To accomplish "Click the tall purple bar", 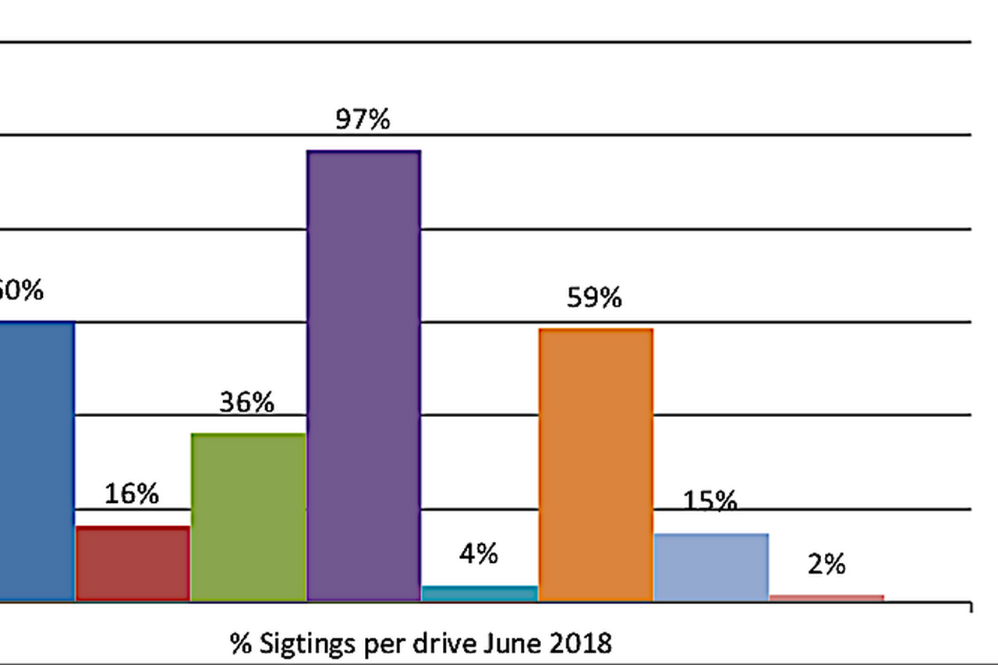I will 364,376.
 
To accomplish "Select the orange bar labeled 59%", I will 596,465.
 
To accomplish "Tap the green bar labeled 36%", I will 248,517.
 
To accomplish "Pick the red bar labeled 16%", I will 133,564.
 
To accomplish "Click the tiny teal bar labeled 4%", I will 480,593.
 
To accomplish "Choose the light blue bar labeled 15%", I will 711,567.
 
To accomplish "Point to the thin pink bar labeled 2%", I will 826,598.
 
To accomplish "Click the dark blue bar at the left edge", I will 36,461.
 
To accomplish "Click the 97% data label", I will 363,120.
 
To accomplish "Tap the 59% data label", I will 594,298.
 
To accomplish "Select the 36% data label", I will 246,403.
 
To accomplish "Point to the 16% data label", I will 132,493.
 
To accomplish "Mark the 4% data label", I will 478,554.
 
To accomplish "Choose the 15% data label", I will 710,501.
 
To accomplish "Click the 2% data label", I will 826,564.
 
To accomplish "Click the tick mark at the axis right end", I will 971,606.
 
